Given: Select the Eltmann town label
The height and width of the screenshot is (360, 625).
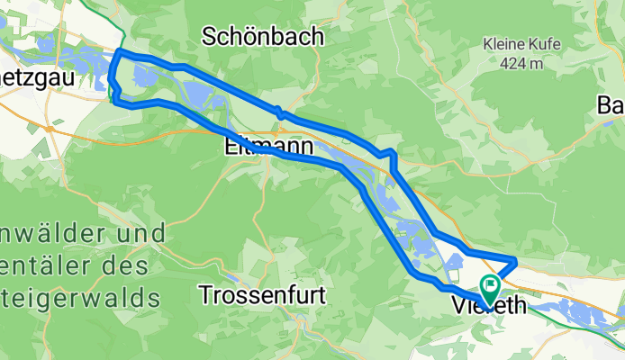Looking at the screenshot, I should (x=267, y=146).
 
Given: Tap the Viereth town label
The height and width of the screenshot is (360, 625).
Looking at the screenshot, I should (x=487, y=306).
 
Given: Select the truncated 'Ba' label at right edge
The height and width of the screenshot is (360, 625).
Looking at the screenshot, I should (x=611, y=104).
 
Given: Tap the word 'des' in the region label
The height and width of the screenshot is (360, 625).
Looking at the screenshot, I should (x=139, y=265).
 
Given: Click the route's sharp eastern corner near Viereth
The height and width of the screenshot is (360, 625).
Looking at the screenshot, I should (x=515, y=261).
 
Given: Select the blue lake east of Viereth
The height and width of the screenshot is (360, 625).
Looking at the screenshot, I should (x=576, y=311).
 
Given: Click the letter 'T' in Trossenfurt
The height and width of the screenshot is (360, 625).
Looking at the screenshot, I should (x=205, y=294).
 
